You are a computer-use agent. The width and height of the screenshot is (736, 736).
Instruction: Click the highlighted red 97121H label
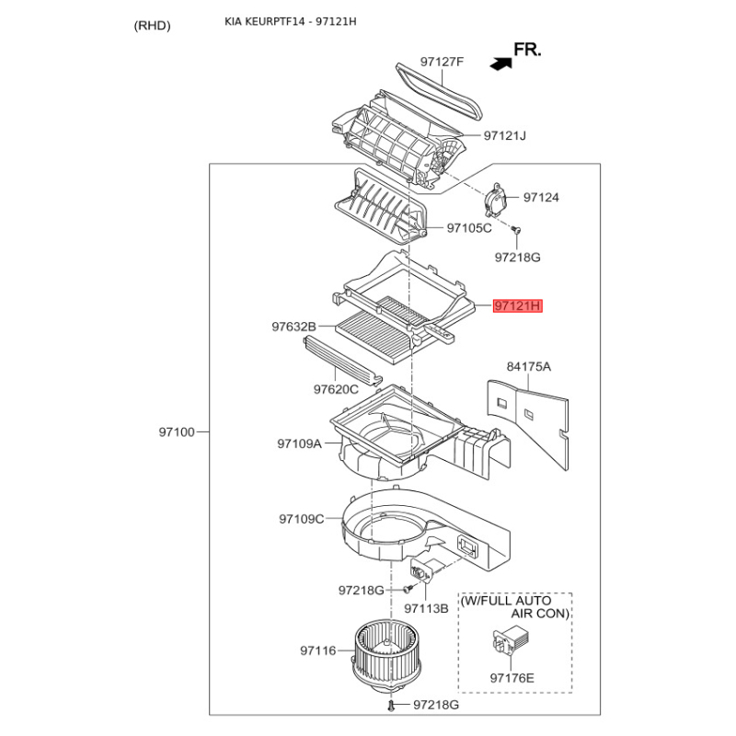pyautogui.click(x=518, y=305)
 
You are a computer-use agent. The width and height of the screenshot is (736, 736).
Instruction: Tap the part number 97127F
pyautogui.click(x=443, y=62)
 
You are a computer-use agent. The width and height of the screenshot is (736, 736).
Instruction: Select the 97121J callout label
pyautogui.click(x=505, y=136)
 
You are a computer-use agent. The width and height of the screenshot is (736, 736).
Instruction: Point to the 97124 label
pyautogui.click(x=541, y=198)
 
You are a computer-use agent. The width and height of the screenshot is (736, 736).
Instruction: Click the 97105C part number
pyautogui.click(x=469, y=227)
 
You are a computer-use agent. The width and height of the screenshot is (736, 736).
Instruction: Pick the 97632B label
pyautogui.click(x=293, y=327)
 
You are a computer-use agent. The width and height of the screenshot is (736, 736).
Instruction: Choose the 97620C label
pyautogui.click(x=336, y=389)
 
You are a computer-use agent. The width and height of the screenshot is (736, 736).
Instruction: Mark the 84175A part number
pyautogui.click(x=529, y=366)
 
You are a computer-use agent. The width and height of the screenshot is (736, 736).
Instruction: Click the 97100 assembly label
pyautogui.click(x=177, y=431)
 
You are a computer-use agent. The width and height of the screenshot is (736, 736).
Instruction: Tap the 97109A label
pyautogui.click(x=299, y=443)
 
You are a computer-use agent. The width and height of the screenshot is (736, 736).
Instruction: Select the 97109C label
pyautogui.click(x=302, y=519)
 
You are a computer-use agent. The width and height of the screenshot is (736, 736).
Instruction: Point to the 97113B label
pyautogui.click(x=426, y=608)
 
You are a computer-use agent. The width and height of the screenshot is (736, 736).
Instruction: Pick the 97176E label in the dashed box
pyautogui.click(x=512, y=678)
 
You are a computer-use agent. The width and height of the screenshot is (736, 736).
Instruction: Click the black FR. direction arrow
pyautogui.click(x=501, y=63)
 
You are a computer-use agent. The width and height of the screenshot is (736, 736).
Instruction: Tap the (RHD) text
pyautogui.click(x=153, y=26)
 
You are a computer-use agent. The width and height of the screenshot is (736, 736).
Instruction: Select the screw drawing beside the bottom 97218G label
pyautogui.click(x=392, y=705)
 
